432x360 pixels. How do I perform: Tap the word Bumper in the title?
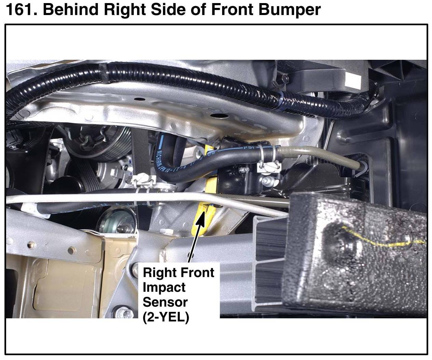(290, 10)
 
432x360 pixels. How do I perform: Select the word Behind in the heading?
(70, 10)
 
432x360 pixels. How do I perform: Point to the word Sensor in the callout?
(165, 302)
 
